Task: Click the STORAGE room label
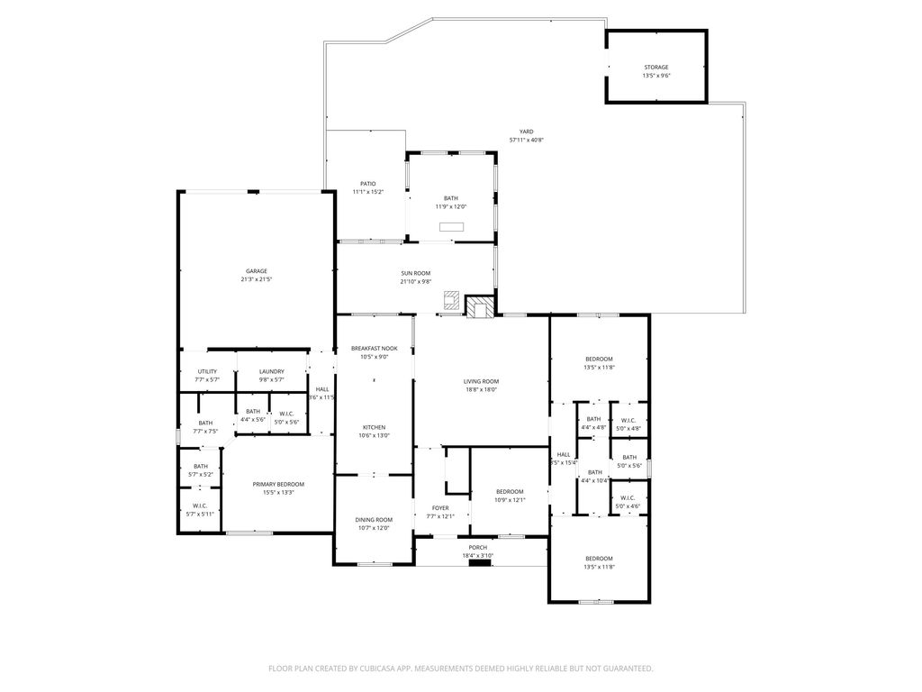(x=655, y=68)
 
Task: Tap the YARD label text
(x=526, y=132)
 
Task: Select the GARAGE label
(x=257, y=271)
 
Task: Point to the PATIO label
(x=367, y=184)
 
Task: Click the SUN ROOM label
(x=416, y=273)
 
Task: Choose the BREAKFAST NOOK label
(x=375, y=348)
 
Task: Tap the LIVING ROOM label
(x=481, y=381)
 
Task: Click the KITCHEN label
(x=375, y=427)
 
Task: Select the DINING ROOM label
(x=374, y=520)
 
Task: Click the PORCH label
(x=477, y=547)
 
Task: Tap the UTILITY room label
(x=207, y=371)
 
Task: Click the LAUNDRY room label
(x=272, y=371)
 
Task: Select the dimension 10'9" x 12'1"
(x=509, y=500)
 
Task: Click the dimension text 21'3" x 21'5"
(x=257, y=280)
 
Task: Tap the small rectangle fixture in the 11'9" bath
(x=451, y=226)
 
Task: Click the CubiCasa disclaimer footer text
(x=460, y=669)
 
